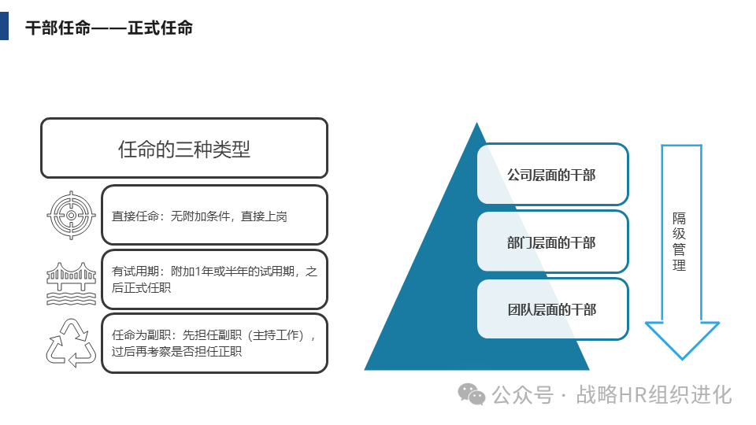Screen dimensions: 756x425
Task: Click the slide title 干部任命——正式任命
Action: point(109,28)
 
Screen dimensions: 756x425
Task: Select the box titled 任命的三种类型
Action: point(183,148)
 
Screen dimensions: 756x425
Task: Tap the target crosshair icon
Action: point(71,214)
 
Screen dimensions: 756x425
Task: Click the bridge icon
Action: point(71,281)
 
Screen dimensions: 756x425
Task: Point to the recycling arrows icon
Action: point(71,343)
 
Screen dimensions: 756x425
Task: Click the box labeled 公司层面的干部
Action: point(552,175)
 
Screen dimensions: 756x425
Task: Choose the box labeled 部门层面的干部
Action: point(552,242)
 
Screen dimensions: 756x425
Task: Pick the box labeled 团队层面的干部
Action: point(552,309)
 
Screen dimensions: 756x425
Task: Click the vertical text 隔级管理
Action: point(679,242)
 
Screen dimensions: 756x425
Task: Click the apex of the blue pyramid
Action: point(476,124)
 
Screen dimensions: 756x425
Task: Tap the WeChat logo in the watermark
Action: point(472,394)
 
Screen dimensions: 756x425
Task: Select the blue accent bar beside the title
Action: point(4,25)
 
